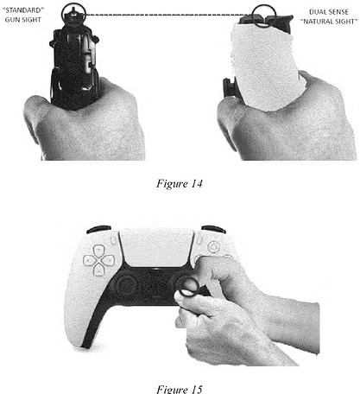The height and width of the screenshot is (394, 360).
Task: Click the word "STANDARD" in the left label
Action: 23,10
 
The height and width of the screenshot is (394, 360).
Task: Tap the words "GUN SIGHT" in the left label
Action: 23,20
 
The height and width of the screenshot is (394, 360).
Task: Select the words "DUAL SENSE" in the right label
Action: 329,12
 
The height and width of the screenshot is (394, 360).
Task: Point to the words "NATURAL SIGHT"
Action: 329,22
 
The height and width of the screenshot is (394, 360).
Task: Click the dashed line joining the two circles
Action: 168,15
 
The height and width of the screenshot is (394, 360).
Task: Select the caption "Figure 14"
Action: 180,183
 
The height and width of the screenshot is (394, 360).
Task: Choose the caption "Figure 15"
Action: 180,389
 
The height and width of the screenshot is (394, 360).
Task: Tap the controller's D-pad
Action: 98,260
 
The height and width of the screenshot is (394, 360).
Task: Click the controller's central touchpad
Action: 157,248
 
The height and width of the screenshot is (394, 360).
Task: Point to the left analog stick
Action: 127,285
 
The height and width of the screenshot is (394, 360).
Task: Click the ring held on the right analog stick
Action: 180,288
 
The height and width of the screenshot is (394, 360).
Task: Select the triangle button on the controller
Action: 213,247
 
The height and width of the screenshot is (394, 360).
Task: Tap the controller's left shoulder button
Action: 98,230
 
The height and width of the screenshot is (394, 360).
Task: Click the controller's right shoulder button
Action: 213,230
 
